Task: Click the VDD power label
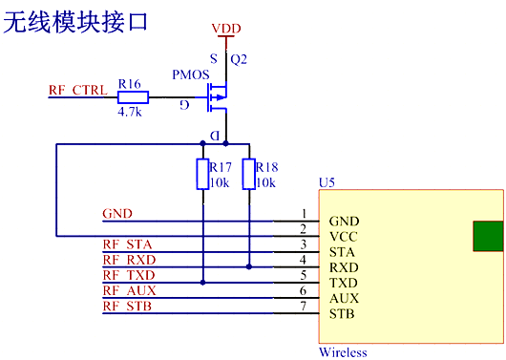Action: [x=226, y=30]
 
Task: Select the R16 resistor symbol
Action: [x=130, y=97]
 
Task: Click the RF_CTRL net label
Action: [x=77, y=91]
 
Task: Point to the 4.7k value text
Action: [x=130, y=112]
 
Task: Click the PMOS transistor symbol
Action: [x=218, y=96]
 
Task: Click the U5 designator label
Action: [x=327, y=180]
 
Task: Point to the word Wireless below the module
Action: [x=343, y=352]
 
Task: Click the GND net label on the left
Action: [x=116, y=213]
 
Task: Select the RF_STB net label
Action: [x=126, y=306]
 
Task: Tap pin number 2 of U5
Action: [x=304, y=228]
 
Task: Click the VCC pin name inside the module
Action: [x=344, y=236]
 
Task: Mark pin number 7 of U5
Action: [x=304, y=306]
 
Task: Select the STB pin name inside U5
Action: [x=343, y=314]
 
